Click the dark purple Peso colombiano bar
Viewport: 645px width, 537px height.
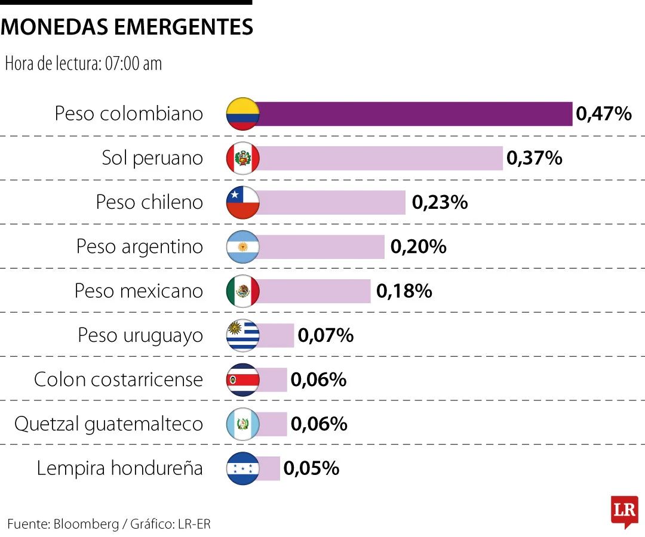414,114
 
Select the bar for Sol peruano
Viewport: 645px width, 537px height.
380,158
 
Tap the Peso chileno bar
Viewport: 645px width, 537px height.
331,202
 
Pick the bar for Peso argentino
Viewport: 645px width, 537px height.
321,246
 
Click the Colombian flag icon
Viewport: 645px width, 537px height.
242,114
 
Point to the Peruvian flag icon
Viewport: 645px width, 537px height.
242,158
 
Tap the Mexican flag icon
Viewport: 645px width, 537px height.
242,291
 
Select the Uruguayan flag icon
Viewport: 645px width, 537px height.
242,335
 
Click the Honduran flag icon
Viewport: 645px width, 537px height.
242,468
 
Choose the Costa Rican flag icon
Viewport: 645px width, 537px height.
242,380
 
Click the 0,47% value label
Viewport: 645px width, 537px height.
603,113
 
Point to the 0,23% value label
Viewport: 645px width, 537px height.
440,202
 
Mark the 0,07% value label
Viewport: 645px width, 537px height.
325,335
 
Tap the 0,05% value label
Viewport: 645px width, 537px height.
311,468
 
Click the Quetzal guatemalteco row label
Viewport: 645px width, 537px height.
109,424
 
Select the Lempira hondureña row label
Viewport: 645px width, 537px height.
119,468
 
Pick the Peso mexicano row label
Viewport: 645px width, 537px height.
139,291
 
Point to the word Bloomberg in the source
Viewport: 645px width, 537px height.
86,524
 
